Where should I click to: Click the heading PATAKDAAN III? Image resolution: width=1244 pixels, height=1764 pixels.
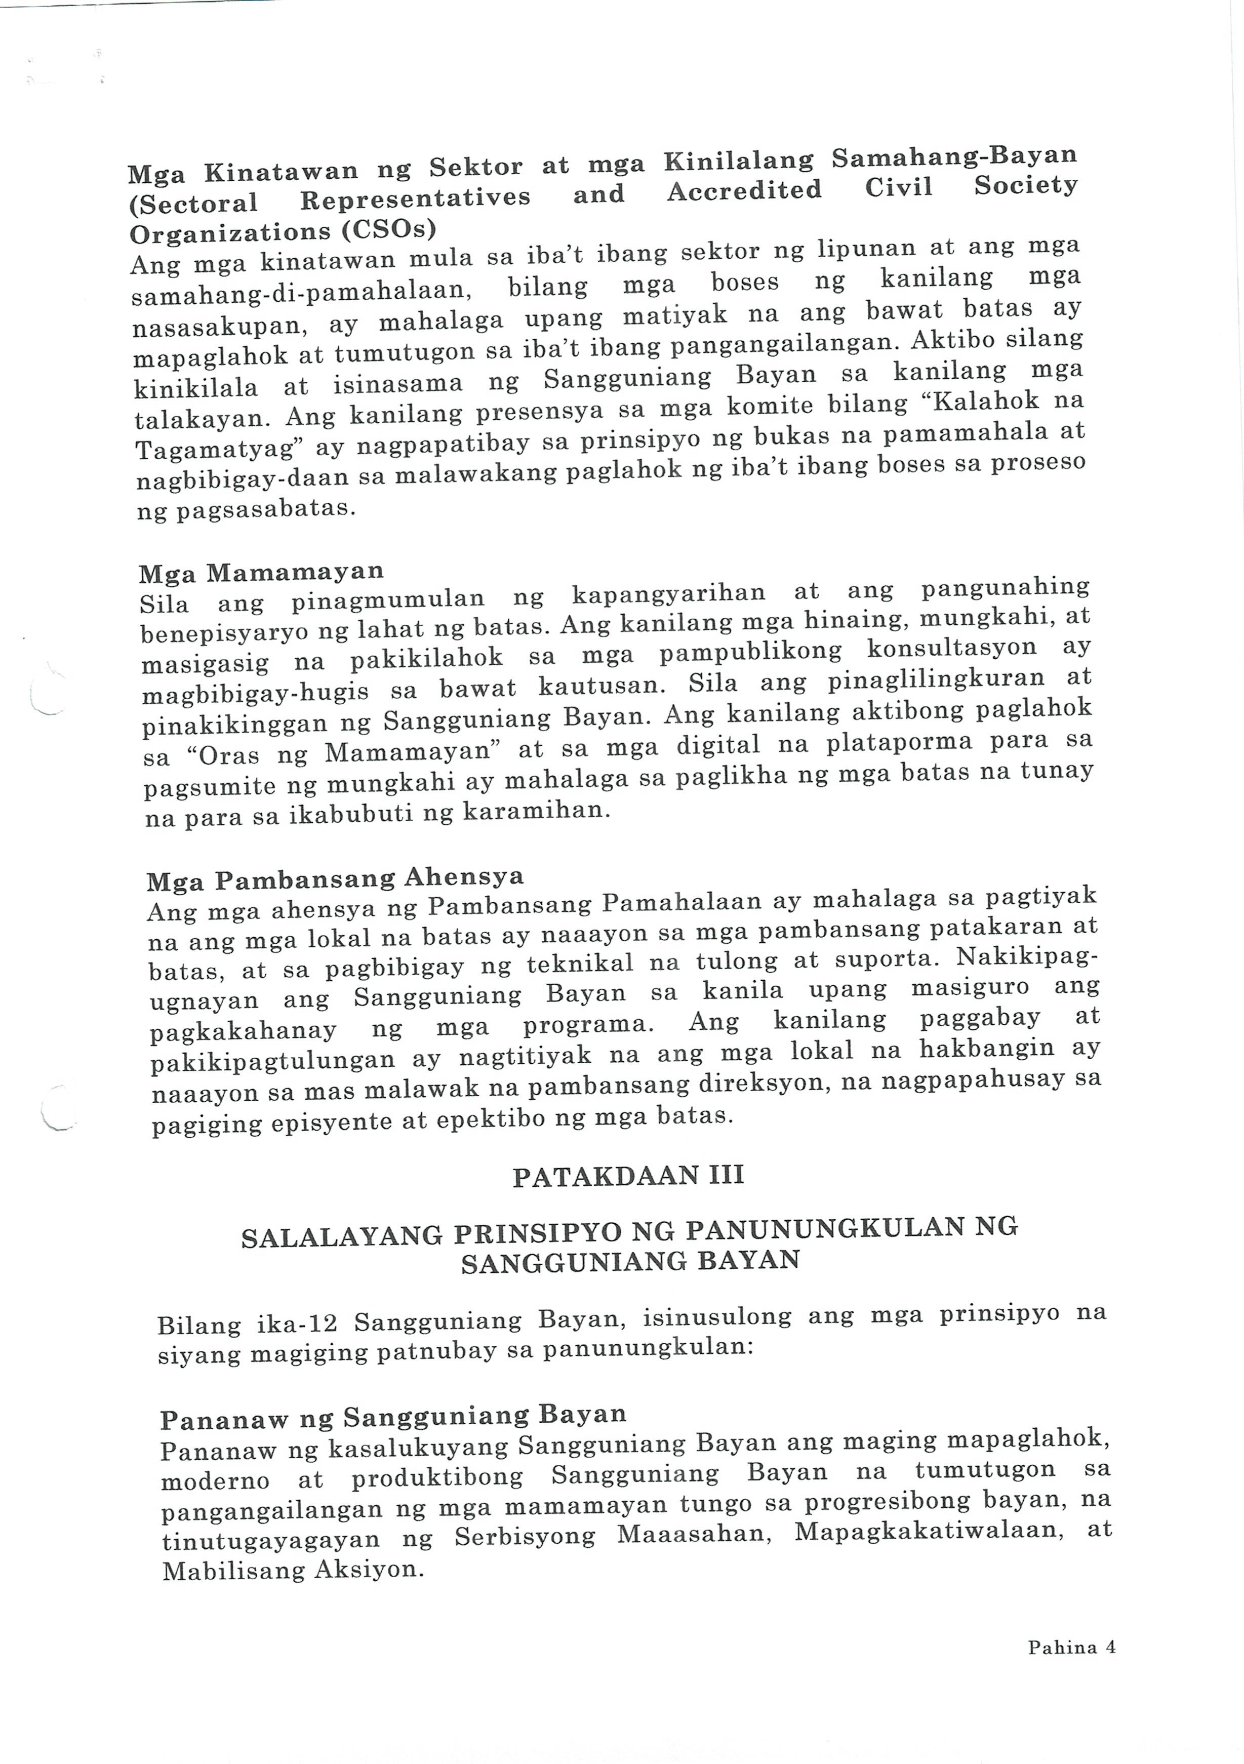tap(628, 1176)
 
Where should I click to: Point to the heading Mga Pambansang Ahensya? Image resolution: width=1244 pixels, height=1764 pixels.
tap(336, 878)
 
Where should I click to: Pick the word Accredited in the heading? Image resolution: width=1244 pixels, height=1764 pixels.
tap(744, 190)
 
